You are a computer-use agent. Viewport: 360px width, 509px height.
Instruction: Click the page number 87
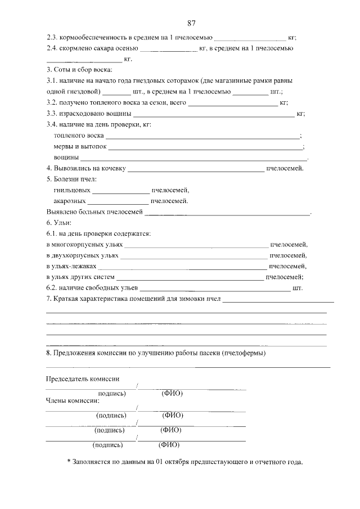[x=191, y=23]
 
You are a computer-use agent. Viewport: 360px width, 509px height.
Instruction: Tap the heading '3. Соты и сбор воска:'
[x=79, y=70]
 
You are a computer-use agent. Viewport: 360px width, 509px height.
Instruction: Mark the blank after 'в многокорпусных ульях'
[x=196, y=245]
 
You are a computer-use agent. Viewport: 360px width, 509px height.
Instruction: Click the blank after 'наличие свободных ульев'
[x=215, y=288]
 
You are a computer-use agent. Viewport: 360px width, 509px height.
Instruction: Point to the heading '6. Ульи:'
[x=59, y=223]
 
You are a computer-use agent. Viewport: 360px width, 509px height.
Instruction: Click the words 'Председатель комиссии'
[x=82, y=379]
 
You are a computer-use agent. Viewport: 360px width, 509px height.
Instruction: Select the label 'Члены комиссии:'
[x=73, y=401]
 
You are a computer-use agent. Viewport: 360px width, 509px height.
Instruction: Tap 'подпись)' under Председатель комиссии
[x=111, y=394]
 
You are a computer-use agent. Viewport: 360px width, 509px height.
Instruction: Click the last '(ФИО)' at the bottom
[x=169, y=444]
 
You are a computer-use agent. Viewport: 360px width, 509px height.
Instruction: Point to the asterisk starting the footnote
[x=69, y=462]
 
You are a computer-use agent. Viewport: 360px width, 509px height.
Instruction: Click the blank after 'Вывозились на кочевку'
[x=196, y=168]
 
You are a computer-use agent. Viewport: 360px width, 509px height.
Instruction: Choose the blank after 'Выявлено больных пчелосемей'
[x=227, y=212]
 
